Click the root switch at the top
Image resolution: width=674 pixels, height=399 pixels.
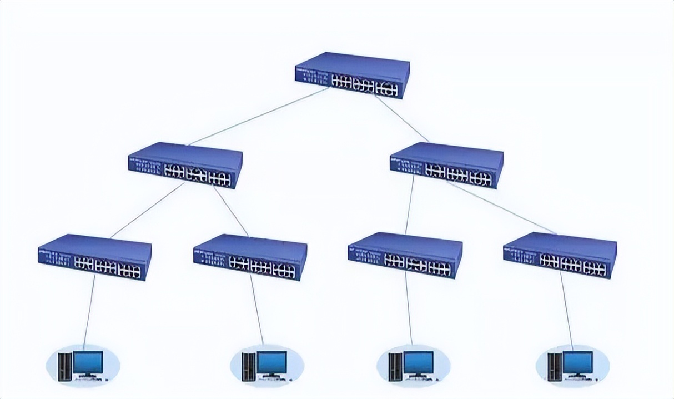(x=352, y=75)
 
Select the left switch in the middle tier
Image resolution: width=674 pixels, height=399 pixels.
(x=185, y=165)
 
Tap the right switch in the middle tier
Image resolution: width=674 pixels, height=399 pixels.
(x=446, y=165)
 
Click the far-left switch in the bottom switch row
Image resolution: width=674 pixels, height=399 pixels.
(x=94, y=257)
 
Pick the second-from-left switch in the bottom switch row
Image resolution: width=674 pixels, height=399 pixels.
(x=250, y=257)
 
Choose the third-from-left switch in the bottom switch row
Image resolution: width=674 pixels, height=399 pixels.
(x=405, y=256)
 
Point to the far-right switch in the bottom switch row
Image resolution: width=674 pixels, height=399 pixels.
(x=560, y=255)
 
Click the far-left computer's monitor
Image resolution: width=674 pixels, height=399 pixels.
(x=88, y=363)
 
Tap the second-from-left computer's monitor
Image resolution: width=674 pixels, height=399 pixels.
(x=272, y=363)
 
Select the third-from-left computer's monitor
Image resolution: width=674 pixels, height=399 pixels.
(x=419, y=363)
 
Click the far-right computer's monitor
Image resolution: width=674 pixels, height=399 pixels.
(x=578, y=363)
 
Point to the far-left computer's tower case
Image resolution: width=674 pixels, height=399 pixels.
(x=64, y=366)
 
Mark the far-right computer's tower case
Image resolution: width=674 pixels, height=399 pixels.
(x=554, y=366)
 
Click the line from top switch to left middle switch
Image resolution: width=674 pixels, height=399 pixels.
(x=258, y=116)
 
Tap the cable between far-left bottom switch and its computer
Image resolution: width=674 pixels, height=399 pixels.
(x=89, y=311)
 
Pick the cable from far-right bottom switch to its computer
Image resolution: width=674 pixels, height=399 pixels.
(x=566, y=311)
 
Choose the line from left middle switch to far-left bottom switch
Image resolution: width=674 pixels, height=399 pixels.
(x=147, y=210)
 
